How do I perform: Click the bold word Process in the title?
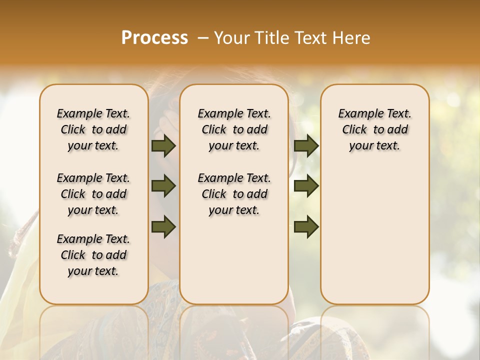tap(154, 38)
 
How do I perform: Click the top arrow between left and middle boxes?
tap(163, 146)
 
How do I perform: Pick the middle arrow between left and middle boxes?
tap(163, 186)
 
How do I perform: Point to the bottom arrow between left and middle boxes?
tap(163, 226)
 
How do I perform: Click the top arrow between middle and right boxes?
tap(306, 146)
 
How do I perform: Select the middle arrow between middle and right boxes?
tap(306, 186)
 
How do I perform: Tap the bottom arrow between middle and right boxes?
tap(306, 226)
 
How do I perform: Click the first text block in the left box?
tap(93, 129)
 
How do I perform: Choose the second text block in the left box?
tap(93, 194)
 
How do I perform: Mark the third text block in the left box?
tap(93, 255)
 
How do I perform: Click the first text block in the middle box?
tap(234, 129)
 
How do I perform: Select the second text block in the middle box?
tap(234, 194)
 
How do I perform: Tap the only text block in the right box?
tap(374, 129)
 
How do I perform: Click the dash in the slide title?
tap(203, 38)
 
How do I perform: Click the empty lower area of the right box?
tap(374, 235)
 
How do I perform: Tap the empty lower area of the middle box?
tap(234, 260)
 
